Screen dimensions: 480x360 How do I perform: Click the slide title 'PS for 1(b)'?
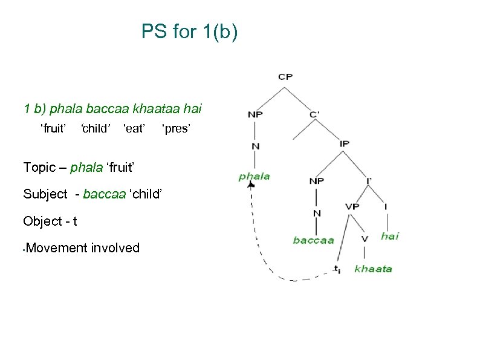click(189, 31)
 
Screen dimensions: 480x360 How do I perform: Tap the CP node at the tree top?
click(285, 76)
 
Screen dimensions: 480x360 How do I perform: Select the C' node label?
click(315, 113)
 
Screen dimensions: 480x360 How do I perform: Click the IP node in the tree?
click(345, 143)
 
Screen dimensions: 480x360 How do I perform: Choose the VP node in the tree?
click(352, 206)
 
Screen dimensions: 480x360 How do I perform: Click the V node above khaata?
click(364, 238)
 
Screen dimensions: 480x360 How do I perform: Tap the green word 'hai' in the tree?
click(390, 236)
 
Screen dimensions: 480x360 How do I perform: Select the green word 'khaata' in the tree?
click(373, 269)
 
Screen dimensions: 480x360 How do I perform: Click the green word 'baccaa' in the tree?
click(313, 240)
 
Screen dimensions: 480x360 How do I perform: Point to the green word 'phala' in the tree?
click(254, 177)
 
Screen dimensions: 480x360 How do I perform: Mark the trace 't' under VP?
click(337, 269)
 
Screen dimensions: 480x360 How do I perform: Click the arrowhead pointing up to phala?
click(251, 185)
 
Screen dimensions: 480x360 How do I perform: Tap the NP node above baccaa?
click(316, 180)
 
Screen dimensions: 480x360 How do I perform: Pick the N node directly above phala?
click(255, 145)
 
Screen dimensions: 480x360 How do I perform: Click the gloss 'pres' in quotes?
click(177, 128)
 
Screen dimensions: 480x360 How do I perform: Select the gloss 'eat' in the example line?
click(134, 128)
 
